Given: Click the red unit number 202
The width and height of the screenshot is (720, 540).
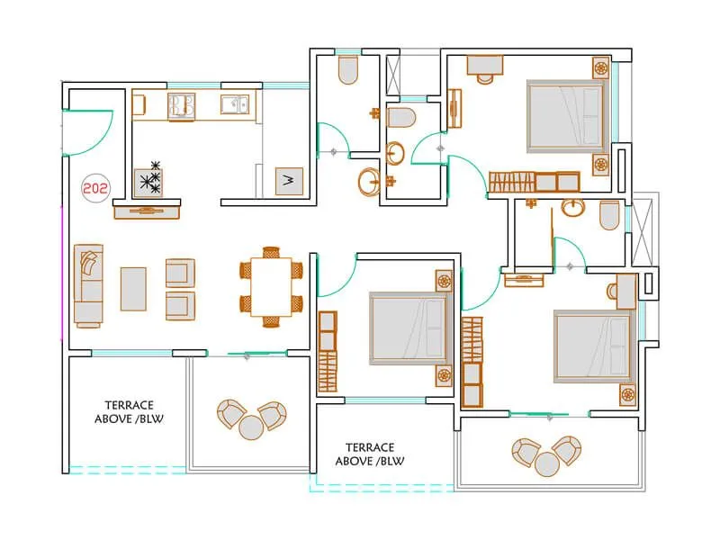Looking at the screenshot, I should coord(93,189).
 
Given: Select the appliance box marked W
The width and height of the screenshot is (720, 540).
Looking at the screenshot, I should coord(289,181).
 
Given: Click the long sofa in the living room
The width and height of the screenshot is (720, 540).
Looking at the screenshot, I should coord(88,284).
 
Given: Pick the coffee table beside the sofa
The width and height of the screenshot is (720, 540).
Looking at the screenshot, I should coord(133,288).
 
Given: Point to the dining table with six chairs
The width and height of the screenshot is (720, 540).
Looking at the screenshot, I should coord(271,287).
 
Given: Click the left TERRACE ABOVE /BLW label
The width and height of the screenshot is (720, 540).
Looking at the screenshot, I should coord(130,412).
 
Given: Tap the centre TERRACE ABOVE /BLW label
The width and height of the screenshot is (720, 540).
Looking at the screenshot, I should coord(369,454).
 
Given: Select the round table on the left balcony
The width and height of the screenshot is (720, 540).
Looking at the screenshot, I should coord(251,427).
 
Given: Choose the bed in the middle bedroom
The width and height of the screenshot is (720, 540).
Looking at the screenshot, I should coord(408,330).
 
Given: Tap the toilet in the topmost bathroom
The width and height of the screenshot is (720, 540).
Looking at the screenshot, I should coord(347,71).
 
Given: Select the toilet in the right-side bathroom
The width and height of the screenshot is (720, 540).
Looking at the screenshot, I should coord(609,214).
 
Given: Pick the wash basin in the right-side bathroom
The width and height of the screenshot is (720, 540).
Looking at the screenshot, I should coord(571,209).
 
